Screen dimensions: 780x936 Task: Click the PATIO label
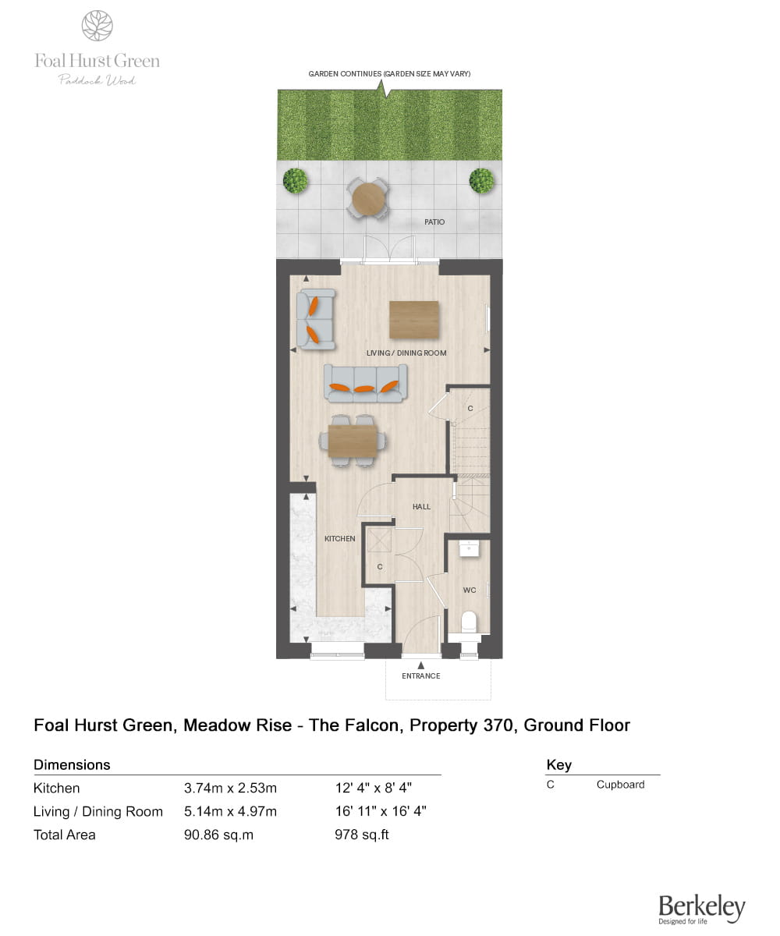(x=434, y=222)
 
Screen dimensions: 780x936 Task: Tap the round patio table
(x=368, y=198)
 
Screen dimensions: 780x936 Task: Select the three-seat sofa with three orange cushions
(x=365, y=383)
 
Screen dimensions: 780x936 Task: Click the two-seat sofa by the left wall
(x=316, y=319)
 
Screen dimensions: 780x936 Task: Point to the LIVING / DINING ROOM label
(x=406, y=353)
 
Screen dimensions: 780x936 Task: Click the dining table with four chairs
(x=353, y=441)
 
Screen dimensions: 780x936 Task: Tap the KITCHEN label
(x=339, y=538)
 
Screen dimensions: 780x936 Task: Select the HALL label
(x=421, y=506)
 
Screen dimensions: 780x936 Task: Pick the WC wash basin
(x=469, y=548)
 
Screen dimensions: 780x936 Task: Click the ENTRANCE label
(x=420, y=675)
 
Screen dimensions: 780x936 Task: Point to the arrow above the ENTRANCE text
(x=420, y=665)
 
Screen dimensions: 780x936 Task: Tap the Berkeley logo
(x=701, y=909)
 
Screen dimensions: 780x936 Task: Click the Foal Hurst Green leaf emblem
(x=97, y=26)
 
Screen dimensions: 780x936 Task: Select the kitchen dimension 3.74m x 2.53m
(x=230, y=788)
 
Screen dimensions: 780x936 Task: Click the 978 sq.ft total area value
(x=361, y=835)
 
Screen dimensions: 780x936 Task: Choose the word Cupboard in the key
(x=620, y=785)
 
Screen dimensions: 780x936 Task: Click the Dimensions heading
(x=72, y=764)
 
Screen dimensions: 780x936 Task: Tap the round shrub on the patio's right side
(x=481, y=181)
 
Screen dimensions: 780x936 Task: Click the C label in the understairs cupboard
(x=470, y=409)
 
